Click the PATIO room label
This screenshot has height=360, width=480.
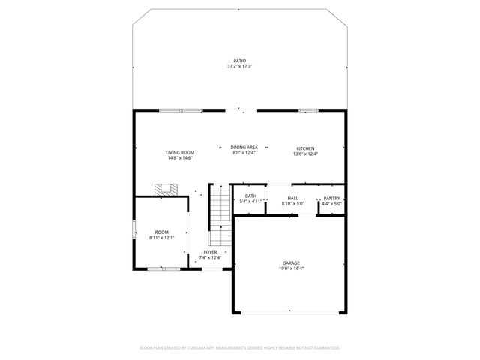[x=239, y=61]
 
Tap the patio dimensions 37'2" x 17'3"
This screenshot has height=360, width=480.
[x=239, y=67]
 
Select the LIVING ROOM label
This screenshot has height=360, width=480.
[x=180, y=152]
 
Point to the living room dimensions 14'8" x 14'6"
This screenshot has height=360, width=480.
[x=180, y=158]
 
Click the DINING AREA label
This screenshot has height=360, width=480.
[x=244, y=148]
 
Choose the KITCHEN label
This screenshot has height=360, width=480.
[x=305, y=148]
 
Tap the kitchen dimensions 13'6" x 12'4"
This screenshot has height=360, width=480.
[x=305, y=154]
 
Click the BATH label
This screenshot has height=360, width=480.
[x=250, y=196]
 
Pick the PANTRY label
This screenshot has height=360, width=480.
[x=331, y=197]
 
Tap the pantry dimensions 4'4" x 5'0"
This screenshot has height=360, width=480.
[x=331, y=203]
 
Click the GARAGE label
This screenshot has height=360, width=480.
[x=291, y=262]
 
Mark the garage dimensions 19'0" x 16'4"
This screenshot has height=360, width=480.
[x=291, y=268]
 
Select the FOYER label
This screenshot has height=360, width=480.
[x=210, y=252]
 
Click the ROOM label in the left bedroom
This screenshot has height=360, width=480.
[x=161, y=232]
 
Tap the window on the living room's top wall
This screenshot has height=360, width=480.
[x=180, y=111]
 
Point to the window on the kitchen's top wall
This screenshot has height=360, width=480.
[x=308, y=111]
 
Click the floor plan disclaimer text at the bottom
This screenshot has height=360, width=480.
[x=240, y=347]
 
